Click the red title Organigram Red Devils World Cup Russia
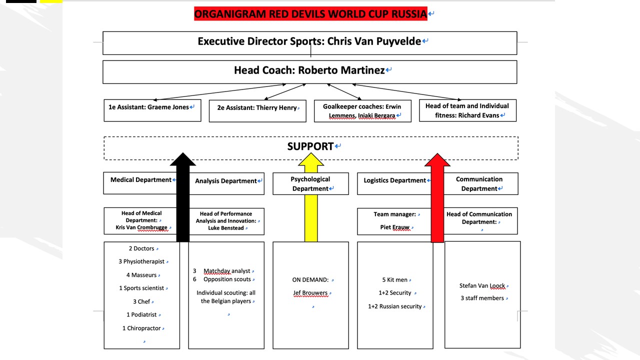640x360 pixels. point(310,13)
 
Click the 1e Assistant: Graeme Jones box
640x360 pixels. point(152,110)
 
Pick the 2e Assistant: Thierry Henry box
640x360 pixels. point(257,110)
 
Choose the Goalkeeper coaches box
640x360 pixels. point(362,111)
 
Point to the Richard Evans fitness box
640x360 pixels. point(467,110)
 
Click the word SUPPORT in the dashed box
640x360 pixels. point(310,146)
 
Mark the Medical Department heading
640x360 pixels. point(141,180)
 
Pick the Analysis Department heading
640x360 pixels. point(226,181)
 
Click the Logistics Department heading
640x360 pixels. point(394,180)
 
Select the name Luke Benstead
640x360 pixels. point(226,228)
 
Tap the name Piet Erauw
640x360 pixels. point(394,227)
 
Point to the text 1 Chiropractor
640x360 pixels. point(141,328)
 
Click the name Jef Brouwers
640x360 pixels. point(310,293)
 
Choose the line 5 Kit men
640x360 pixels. point(394,280)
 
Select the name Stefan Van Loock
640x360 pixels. point(482,286)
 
